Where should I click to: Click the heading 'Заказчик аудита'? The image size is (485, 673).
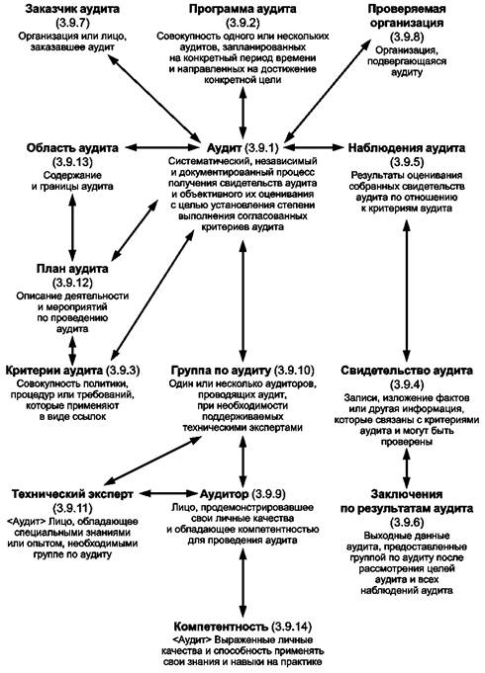pyautogui.click(x=72, y=9)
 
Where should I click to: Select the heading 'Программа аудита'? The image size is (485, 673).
pyautogui.click(x=242, y=9)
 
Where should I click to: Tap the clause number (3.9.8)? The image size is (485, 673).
pyautogui.click(x=407, y=37)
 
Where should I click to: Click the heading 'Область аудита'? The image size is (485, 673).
pyautogui.click(x=72, y=148)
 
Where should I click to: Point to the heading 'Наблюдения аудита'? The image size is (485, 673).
pyautogui.click(x=407, y=148)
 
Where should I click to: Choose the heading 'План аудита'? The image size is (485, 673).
pyautogui.click(x=72, y=269)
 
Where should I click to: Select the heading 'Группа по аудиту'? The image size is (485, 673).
pyautogui.click(x=222, y=370)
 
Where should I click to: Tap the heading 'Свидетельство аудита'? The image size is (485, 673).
pyautogui.click(x=407, y=371)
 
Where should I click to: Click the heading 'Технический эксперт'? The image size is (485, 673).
pyautogui.click(x=72, y=494)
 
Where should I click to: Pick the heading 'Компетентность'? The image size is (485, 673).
pyautogui.click(x=221, y=627)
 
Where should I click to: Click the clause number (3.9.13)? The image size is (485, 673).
pyautogui.click(x=72, y=162)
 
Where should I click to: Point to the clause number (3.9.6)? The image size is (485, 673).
pyautogui.click(x=407, y=523)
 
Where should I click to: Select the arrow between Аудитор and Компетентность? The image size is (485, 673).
pyautogui.click(x=242, y=582)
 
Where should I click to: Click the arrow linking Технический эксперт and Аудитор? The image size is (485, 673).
pyautogui.click(x=168, y=493)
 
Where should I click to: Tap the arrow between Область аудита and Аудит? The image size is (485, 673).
pyautogui.click(x=161, y=147)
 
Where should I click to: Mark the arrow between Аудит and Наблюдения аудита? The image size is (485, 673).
pyautogui.click(x=313, y=147)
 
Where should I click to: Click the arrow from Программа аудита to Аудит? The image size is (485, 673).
pyautogui.click(x=242, y=113)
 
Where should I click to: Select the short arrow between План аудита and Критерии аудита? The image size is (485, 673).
pyautogui.click(x=72, y=351)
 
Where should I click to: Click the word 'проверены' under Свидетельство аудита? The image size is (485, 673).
pyautogui.click(x=407, y=442)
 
